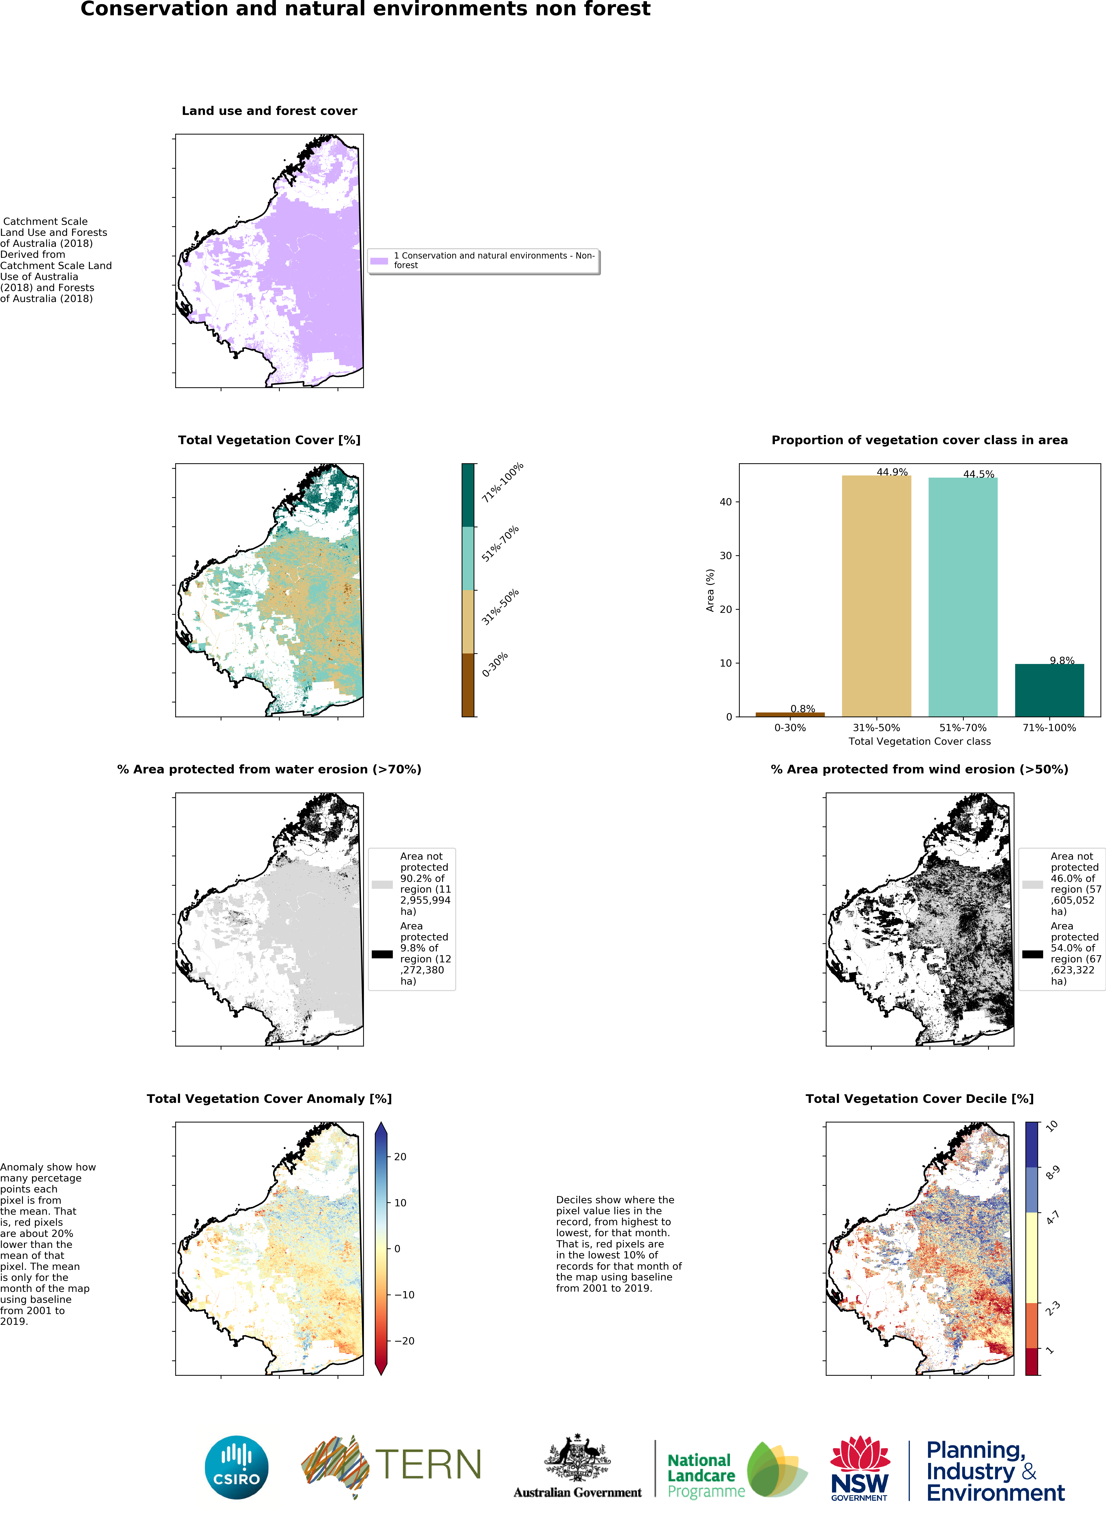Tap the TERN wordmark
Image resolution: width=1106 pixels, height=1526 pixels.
coord(428,1465)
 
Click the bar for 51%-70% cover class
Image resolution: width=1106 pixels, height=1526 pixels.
coord(963,597)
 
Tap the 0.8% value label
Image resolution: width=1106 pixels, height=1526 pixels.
coord(802,708)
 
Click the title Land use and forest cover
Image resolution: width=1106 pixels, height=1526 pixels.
coord(269,111)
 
